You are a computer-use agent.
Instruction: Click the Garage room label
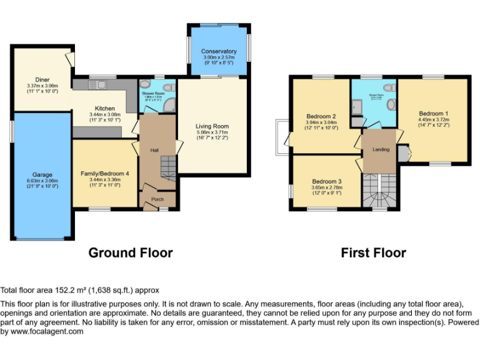point(43,174)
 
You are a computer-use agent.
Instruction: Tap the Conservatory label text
point(219,51)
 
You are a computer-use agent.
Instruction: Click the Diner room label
point(42,79)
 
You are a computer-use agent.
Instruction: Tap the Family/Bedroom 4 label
point(105,172)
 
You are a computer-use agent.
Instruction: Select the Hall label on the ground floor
point(154,150)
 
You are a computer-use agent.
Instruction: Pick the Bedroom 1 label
point(432,113)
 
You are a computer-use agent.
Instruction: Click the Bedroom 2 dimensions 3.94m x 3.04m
point(322,124)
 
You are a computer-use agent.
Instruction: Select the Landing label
point(381,149)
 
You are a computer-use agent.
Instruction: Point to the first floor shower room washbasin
point(391,105)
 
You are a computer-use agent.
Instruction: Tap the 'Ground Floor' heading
point(130,252)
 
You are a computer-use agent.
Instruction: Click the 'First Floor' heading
point(373,252)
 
